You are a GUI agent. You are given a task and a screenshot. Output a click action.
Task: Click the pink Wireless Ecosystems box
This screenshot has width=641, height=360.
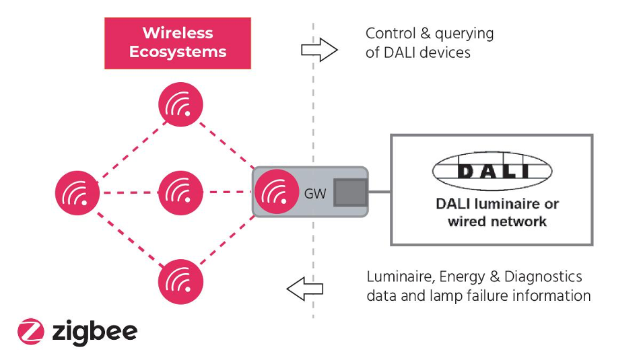click(x=178, y=43)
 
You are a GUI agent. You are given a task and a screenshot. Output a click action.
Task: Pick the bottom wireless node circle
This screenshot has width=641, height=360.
click(x=180, y=281)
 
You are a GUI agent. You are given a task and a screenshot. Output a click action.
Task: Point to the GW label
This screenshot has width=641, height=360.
click(x=315, y=194)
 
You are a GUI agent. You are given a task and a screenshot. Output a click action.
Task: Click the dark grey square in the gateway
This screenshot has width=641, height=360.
click(x=350, y=192)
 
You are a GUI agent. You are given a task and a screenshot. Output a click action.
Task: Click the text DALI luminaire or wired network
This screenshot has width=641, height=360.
click(x=497, y=212)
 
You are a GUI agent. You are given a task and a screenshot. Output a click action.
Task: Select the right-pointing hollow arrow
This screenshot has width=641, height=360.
click(x=318, y=50)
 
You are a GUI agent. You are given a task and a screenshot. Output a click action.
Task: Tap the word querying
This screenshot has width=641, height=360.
click(x=464, y=35)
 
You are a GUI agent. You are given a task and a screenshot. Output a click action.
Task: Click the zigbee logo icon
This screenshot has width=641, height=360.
click(x=30, y=331)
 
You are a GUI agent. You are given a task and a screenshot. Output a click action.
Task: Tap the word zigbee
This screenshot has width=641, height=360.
click(x=94, y=331)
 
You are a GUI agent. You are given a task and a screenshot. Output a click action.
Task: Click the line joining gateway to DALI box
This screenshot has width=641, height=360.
click(x=380, y=192)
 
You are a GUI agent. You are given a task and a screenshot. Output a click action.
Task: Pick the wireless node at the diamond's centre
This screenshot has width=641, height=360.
click(x=180, y=192)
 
